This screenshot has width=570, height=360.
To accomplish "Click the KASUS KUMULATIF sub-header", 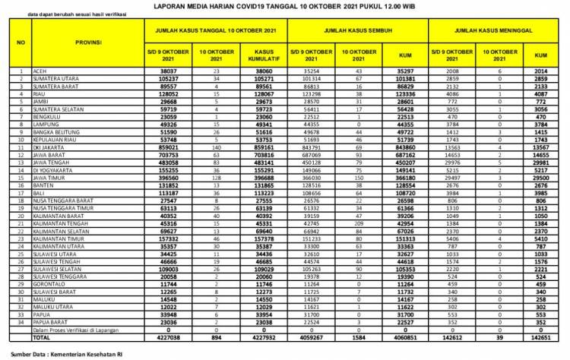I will coord(258,53).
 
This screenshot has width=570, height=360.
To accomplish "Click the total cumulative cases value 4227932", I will coord(258,316).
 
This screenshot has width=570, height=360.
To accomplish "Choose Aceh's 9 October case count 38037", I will coord(166,70).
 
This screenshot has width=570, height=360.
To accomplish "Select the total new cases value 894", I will coord(214,316).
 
